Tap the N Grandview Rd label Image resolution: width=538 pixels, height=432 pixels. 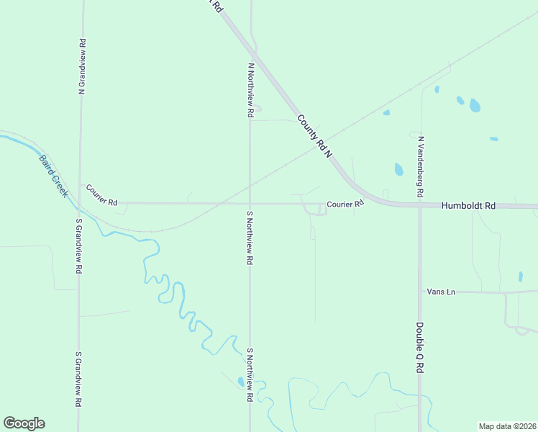[x=82, y=66]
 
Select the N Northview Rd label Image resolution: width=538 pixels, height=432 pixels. [x=250, y=90]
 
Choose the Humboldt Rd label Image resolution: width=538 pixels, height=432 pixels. [x=468, y=206]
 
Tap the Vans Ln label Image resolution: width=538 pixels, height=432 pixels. [x=441, y=292]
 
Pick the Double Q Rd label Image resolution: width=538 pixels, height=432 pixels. [x=419, y=346]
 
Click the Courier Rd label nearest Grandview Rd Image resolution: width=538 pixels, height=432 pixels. [x=101, y=195]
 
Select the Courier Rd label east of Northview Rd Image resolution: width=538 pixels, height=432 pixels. [x=345, y=204]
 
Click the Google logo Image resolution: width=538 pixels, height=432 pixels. [x=24, y=423]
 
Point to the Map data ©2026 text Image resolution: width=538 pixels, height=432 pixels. [x=506, y=426]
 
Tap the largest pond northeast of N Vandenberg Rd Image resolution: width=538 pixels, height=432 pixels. [x=475, y=106]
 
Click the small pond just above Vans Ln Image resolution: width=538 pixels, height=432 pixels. [x=520, y=276]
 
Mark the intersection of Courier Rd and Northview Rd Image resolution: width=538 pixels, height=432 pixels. [x=250, y=204]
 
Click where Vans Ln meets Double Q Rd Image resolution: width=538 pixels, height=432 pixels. [x=420, y=292]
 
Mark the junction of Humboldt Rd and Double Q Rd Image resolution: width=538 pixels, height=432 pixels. [x=420, y=207]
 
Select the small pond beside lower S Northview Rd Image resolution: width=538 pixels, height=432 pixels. [x=240, y=382]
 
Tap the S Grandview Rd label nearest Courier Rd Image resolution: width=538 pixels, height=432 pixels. [x=78, y=246]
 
